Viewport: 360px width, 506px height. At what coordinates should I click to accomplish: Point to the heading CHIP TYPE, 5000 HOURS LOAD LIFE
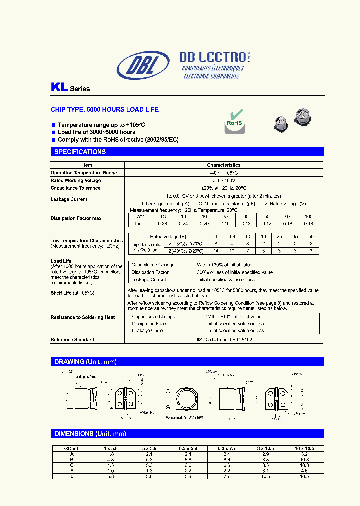pos(105,109)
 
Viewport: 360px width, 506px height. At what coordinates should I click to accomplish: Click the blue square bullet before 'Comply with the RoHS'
pos(53,140)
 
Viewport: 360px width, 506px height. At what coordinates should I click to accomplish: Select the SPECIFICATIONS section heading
pos(80,152)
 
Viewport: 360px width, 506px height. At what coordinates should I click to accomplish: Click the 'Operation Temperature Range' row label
pos(84,173)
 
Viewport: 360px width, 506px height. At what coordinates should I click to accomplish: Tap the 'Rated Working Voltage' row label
pos(76,180)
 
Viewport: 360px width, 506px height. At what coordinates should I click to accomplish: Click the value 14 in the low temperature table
pos(215,251)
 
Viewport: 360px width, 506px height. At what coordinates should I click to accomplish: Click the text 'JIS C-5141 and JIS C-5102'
pos(224,340)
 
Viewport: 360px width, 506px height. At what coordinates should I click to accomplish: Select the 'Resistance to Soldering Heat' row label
pos(83,317)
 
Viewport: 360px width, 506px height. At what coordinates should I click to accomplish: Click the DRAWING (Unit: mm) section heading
pos(85,362)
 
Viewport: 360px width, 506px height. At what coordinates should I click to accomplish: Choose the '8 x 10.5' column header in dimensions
pos(265,448)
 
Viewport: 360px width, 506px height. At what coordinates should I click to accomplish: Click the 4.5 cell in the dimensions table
pos(305,470)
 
